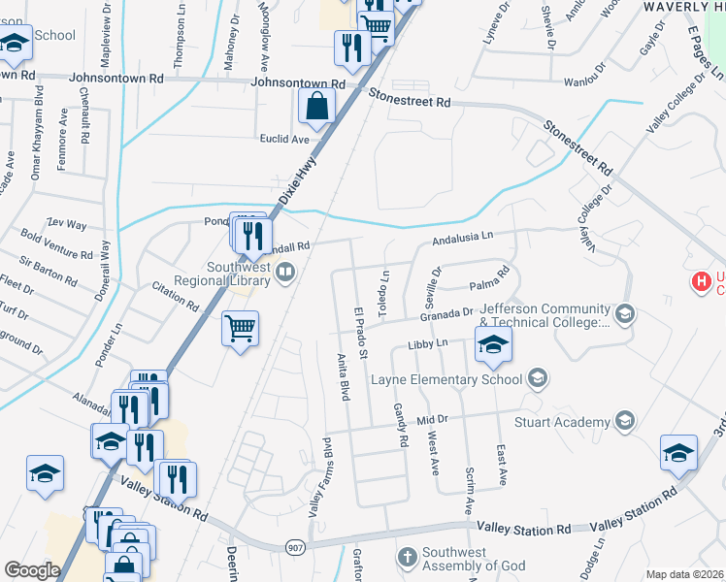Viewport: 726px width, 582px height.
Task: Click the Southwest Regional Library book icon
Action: coord(284,275)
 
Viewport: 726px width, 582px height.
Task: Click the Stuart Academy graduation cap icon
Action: coord(625,421)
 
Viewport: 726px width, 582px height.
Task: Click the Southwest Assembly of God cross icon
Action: coord(408,557)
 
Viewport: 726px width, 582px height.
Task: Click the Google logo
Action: coord(33,570)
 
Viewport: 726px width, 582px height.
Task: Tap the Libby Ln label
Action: coord(427,344)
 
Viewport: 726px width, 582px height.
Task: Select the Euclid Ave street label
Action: coord(283,139)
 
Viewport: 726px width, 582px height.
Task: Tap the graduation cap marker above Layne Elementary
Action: coord(493,344)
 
